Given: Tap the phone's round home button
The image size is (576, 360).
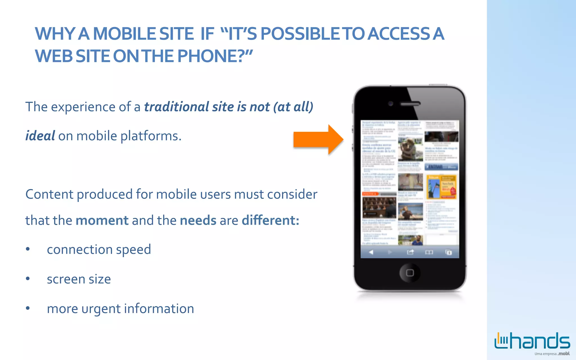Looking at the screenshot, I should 410,273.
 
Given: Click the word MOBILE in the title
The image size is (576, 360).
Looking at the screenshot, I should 124,34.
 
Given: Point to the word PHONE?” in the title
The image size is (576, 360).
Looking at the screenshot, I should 215,56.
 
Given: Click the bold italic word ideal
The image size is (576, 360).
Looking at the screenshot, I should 40,136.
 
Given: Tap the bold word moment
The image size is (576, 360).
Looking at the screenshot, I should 102,220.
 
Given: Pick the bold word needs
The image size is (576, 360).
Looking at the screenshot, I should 198,220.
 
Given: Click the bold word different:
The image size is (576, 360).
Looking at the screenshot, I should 270,220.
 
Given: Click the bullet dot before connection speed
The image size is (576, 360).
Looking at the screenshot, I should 28,249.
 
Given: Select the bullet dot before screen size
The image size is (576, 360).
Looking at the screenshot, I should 28,279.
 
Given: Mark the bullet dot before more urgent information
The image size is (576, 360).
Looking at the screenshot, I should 28,308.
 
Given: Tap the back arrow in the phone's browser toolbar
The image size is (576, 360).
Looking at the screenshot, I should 371,252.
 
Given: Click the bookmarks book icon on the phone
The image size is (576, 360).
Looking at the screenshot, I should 429,252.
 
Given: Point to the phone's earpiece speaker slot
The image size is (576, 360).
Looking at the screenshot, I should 410,104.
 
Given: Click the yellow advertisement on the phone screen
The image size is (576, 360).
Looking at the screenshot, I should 441,187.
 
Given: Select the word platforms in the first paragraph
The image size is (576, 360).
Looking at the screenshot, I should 150,136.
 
